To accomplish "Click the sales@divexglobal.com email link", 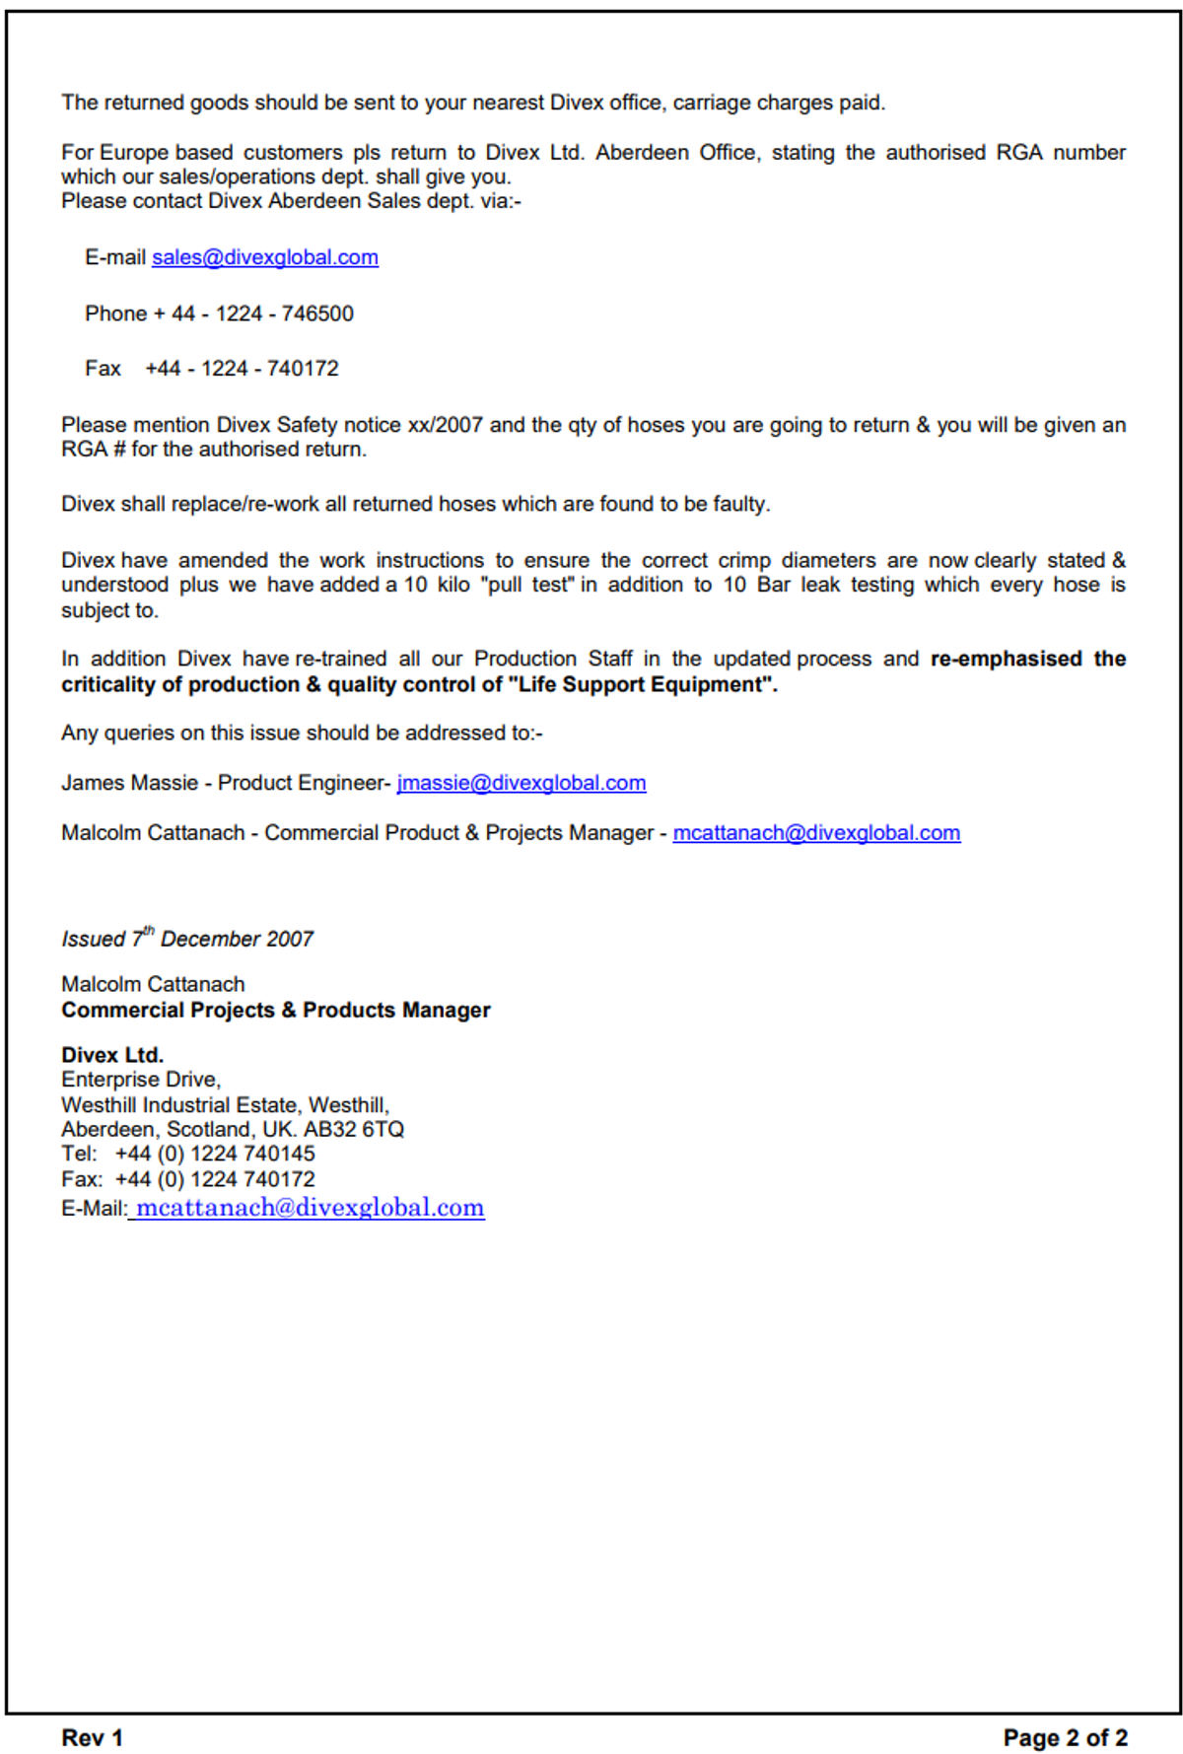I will click(x=264, y=257).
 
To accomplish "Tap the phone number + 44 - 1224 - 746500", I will click(x=262, y=314).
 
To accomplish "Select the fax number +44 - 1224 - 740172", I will click(x=242, y=369).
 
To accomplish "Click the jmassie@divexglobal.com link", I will click(x=521, y=783).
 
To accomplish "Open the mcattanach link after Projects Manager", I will click(x=815, y=833).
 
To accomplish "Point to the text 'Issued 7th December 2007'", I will click(x=187, y=939).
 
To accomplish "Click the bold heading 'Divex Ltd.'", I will click(x=112, y=1055).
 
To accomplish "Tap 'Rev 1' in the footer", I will click(x=92, y=1737).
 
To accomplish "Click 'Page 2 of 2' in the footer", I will click(x=1065, y=1737).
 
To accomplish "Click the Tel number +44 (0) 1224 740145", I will click(x=215, y=1155).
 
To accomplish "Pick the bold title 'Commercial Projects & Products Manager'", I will click(x=275, y=1011).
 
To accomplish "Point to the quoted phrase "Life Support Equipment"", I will click(x=641, y=685).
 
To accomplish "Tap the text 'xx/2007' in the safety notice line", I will click(x=445, y=425).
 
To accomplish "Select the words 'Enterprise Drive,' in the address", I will click(x=141, y=1080).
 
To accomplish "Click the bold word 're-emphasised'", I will click(x=1006, y=659).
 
